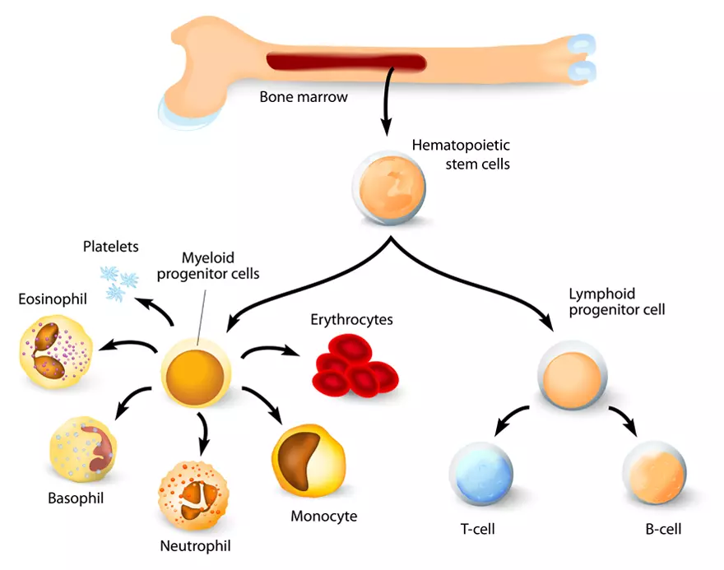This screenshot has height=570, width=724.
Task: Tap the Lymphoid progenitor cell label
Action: tap(616, 302)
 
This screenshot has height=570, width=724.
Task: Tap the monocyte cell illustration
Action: tap(308, 460)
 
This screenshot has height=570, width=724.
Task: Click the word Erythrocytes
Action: tap(351, 319)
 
